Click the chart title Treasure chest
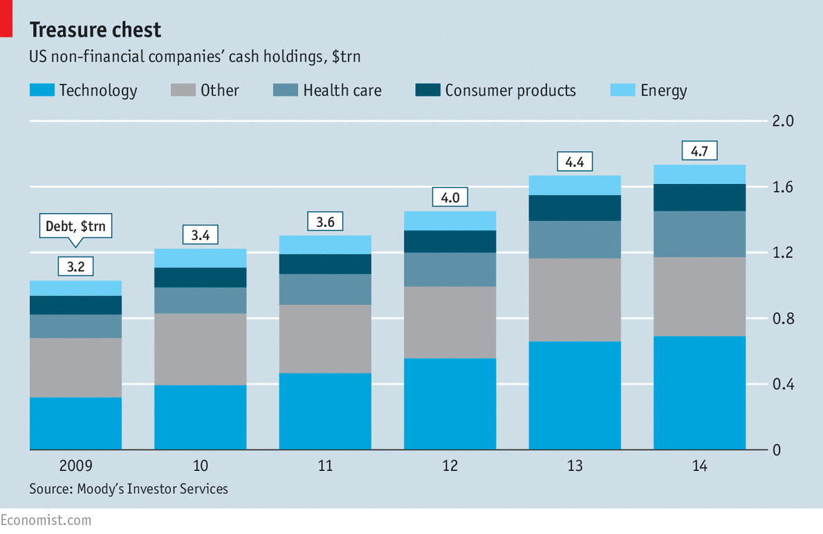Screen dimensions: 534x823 pos(95,30)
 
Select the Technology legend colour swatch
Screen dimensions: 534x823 pos(41,90)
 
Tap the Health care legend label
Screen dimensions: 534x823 pos(342,91)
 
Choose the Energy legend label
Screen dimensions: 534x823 pos(663,91)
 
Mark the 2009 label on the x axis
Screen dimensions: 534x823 pos(75,466)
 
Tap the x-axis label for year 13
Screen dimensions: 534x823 pos(575,466)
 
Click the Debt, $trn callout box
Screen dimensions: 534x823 pos(75,225)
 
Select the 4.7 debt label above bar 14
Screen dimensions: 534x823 pos(699,151)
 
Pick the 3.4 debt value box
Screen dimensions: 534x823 pos(201,235)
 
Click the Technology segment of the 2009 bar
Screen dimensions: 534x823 pos(75,423)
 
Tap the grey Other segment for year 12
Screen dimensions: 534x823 pos(450,322)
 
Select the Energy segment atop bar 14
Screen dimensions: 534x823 pos(699,174)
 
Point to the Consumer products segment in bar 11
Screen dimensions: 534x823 pos(325,264)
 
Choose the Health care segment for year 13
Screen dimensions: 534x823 pos(575,239)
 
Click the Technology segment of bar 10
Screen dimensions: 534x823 pos(201,417)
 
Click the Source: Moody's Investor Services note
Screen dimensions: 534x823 pos(129,489)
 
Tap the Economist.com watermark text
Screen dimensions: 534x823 pos(46,520)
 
